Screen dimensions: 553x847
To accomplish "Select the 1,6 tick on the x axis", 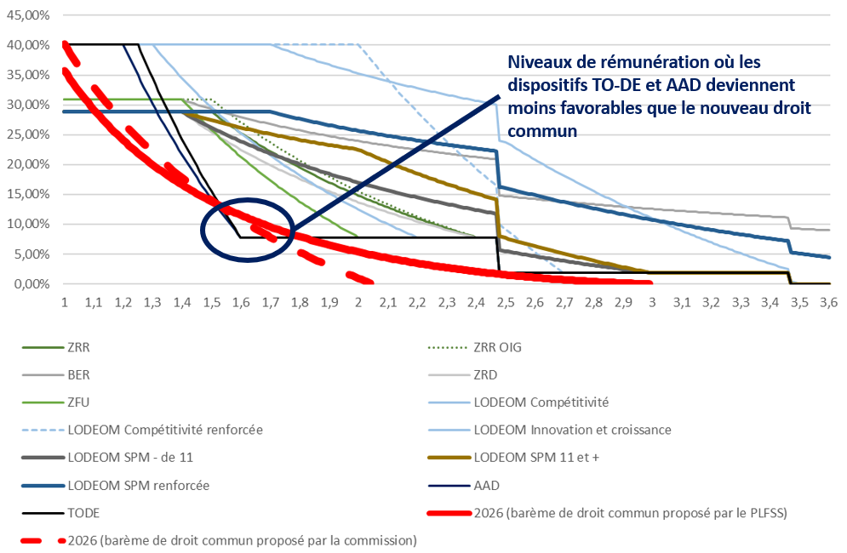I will [x=241, y=302].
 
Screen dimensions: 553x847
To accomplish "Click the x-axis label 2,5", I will [x=506, y=302].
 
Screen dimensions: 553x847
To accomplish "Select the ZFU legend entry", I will [x=80, y=402].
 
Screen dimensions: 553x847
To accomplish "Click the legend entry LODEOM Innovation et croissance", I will [x=572, y=430].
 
